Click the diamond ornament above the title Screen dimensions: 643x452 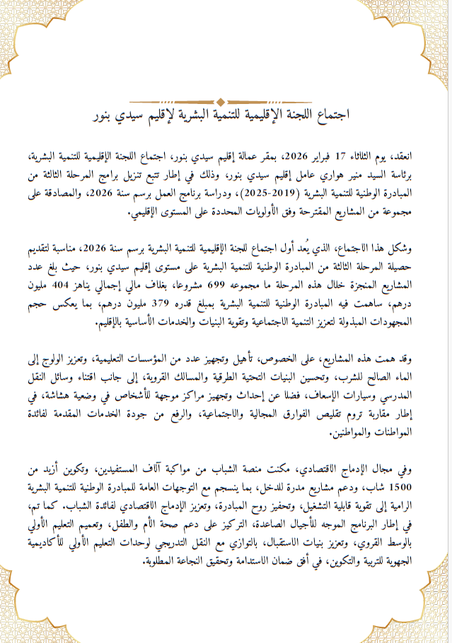coord(223,100)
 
